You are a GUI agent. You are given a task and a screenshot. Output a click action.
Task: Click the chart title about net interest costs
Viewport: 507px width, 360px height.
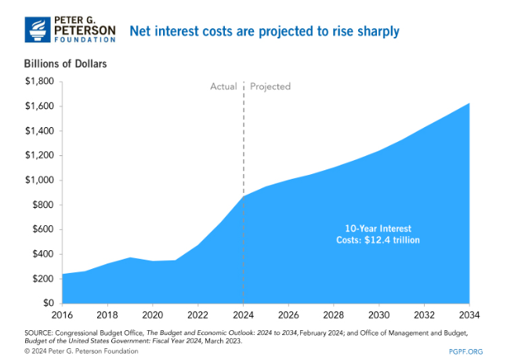pos(264,31)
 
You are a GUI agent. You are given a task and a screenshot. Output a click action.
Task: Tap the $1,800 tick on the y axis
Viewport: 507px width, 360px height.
pos(39,82)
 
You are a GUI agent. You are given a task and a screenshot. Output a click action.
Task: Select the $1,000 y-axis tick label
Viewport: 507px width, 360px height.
pos(39,180)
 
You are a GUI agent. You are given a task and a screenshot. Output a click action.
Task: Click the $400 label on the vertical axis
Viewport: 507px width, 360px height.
pos(42,254)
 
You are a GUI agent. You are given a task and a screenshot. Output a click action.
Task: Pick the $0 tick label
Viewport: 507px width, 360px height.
pos(47,304)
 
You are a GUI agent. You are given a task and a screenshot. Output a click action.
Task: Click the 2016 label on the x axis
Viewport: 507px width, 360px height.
pos(63,317)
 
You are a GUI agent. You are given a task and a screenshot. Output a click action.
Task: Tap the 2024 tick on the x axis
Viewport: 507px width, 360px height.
pos(244,317)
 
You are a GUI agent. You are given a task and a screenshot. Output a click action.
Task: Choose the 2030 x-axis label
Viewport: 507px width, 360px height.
pos(379,317)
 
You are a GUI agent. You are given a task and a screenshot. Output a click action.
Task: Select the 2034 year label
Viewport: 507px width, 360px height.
pos(469,317)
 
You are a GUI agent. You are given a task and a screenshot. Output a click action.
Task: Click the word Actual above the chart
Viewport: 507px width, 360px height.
pos(223,86)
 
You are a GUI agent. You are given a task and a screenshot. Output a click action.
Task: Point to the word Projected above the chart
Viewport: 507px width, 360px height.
pos(270,86)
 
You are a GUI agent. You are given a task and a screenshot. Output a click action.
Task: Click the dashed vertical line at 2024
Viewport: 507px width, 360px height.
pos(244,141)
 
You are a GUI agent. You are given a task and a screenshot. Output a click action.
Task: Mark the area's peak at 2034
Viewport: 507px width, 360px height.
pos(469,104)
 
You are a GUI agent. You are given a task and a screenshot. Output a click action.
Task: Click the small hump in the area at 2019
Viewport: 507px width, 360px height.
pos(130,258)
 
